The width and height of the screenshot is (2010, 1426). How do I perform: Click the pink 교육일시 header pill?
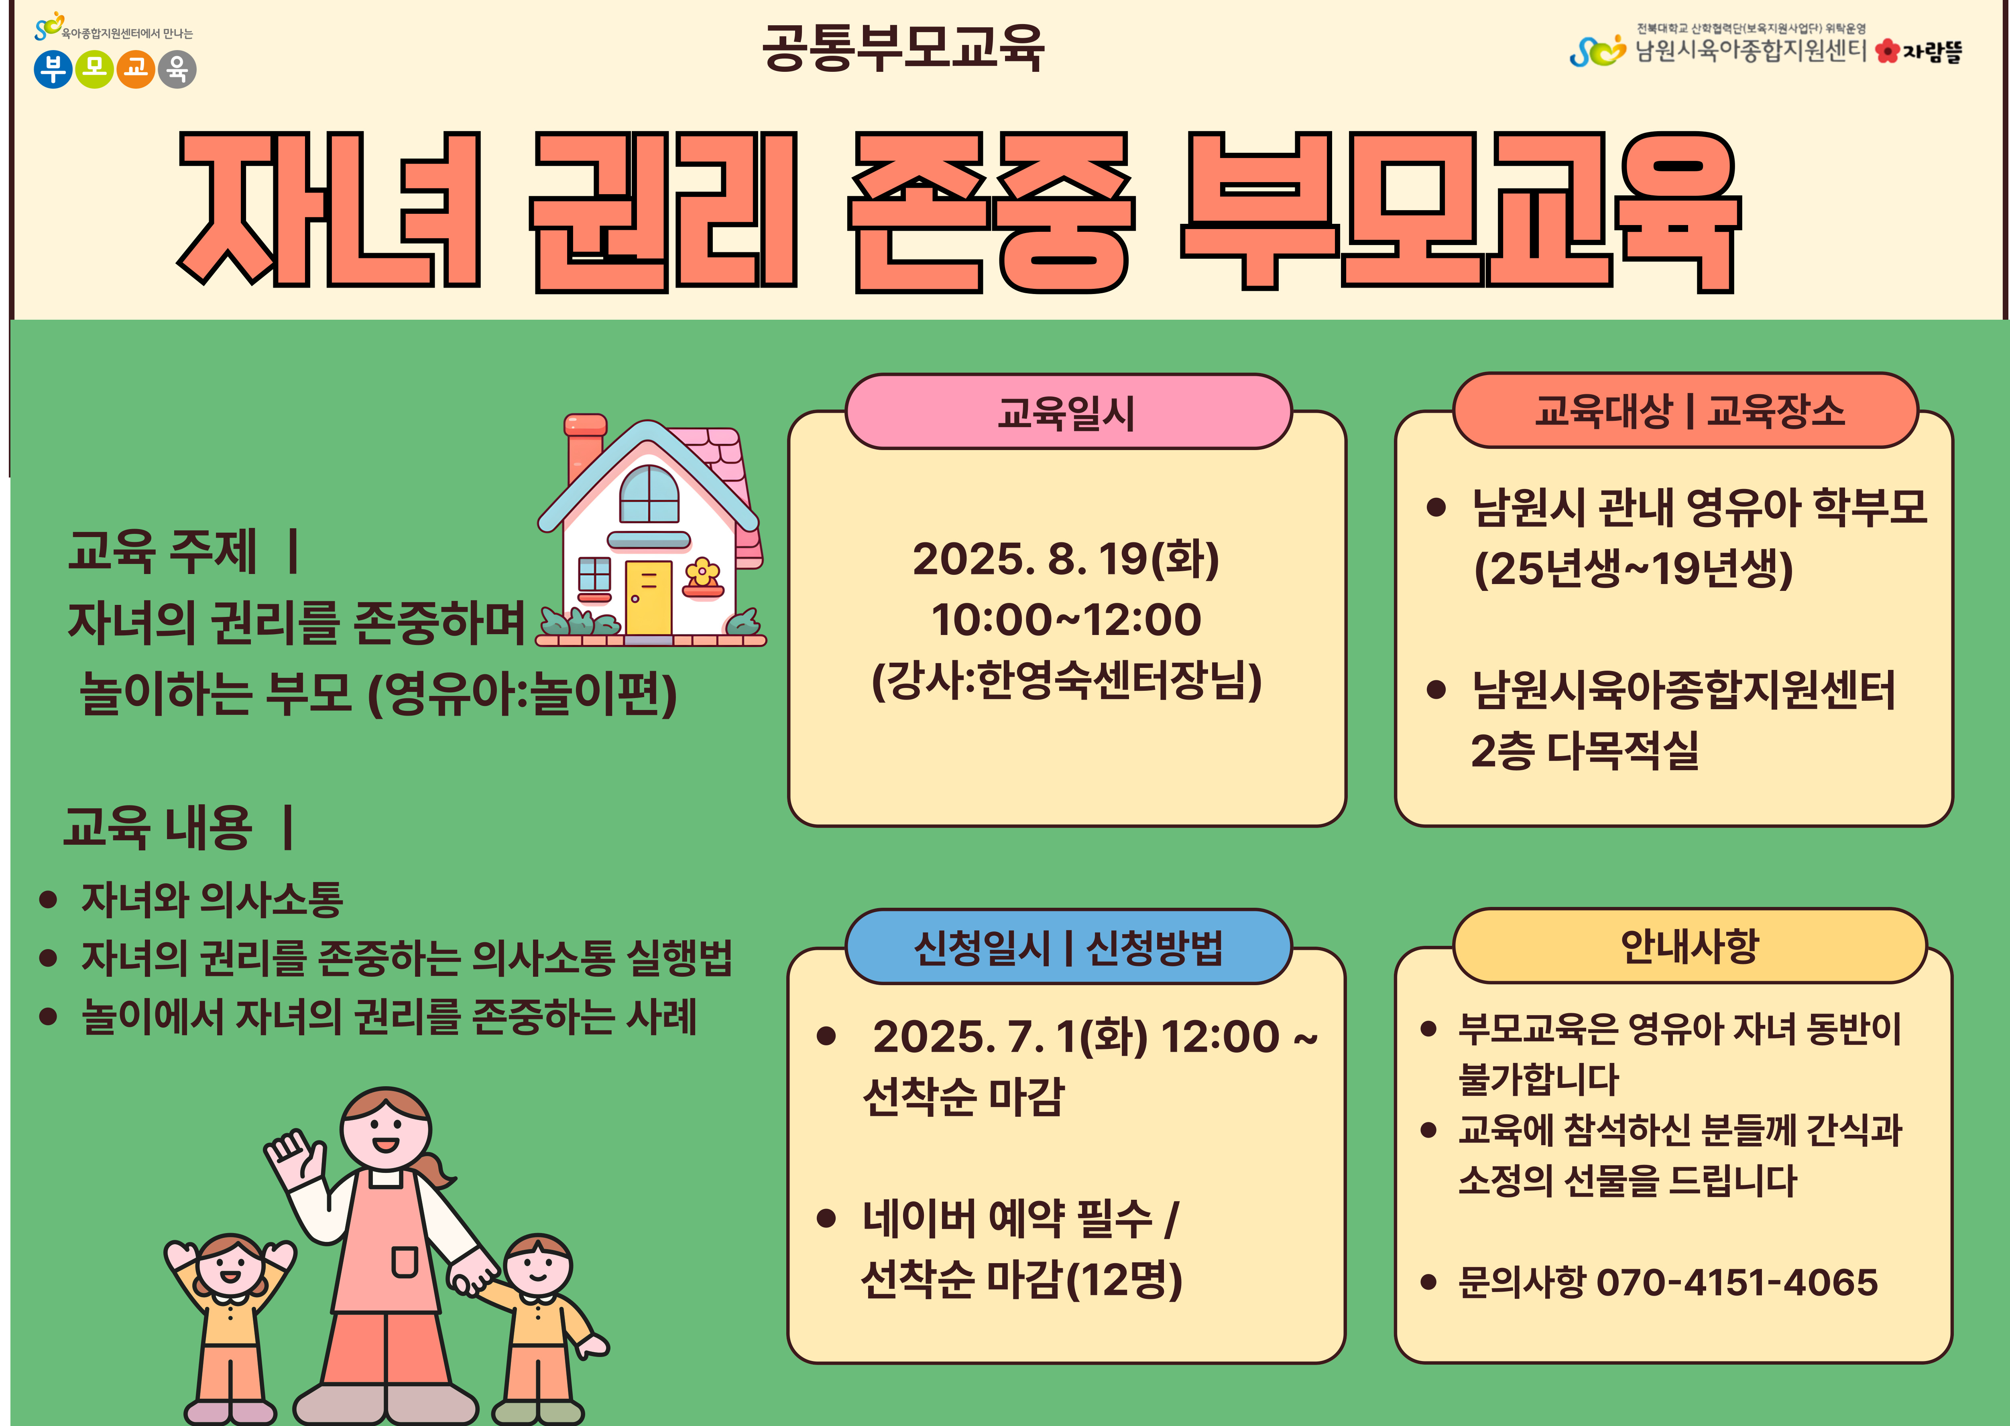pos(1067,412)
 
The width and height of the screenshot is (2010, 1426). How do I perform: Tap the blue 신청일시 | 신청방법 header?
pos(1067,947)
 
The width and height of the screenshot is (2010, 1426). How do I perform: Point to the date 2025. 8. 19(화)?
pos(1066,559)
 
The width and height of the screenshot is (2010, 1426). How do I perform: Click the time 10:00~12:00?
pos(1066,620)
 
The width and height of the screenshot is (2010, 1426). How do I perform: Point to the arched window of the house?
pos(649,494)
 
